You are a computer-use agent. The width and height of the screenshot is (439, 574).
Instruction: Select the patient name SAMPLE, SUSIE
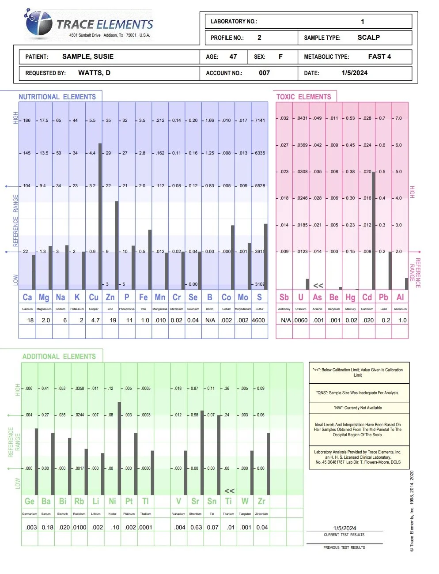coord(87,57)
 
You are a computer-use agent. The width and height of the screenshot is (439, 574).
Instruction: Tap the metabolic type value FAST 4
coord(379,57)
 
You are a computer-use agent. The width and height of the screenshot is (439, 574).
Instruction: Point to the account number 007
coord(264,73)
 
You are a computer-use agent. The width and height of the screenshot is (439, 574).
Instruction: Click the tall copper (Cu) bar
coord(100,216)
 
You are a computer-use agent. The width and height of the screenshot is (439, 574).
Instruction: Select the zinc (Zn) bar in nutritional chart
coord(117,245)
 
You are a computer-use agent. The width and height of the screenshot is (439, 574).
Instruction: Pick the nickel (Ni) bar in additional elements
coord(119,448)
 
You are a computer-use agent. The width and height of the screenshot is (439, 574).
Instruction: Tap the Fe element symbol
coord(143,297)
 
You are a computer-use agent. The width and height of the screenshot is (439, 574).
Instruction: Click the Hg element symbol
coord(350,297)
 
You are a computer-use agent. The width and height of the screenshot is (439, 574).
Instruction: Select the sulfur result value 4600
coord(258,320)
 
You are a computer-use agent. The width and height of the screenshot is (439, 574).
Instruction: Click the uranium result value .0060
coord(301,320)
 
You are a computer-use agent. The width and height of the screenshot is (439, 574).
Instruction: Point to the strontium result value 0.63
coord(196,527)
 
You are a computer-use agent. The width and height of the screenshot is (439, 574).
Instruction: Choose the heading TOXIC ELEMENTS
coord(303,97)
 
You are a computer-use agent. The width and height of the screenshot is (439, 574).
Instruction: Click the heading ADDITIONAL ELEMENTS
coord(59,356)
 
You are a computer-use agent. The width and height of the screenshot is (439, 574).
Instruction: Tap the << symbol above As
coord(318,286)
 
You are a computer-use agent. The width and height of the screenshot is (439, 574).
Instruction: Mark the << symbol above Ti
coord(229,491)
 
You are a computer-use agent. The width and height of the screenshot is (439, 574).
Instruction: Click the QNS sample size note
coord(358,393)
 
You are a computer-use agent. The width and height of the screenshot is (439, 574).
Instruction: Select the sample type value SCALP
coord(368,38)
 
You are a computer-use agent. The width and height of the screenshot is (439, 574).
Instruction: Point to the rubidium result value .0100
coord(79,527)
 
